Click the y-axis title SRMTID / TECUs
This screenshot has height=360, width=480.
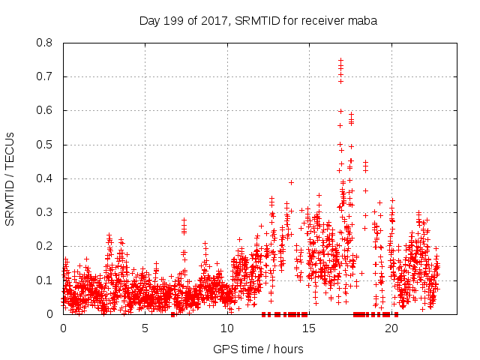(10, 178)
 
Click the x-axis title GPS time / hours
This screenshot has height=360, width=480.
(258, 349)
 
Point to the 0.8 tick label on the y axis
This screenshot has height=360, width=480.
(44, 43)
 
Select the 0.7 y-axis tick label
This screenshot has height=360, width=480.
(44, 76)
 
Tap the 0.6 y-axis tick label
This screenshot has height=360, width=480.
(44, 110)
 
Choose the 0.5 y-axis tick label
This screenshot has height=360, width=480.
(44, 145)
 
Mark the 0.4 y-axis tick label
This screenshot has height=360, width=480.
(44, 178)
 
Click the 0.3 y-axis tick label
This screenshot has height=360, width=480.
(44, 212)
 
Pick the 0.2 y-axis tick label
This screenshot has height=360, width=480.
(44, 246)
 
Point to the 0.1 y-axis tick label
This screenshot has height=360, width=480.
(44, 280)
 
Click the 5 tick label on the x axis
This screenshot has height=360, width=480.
(145, 328)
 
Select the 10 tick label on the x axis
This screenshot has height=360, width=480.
(227, 328)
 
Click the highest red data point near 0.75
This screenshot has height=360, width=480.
(340, 60)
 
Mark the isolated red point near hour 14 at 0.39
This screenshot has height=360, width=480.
(291, 182)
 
